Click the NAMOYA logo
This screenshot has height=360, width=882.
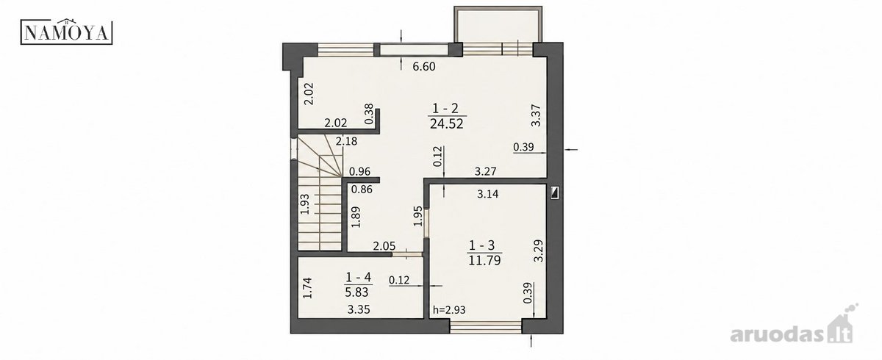pyautogui.click(x=67, y=31)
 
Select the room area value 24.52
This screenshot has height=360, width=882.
pyautogui.click(x=447, y=124)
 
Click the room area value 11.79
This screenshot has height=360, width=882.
pyautogui.click(x=484, y=260)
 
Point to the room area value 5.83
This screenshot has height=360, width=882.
pyautogui.click(x=356, y=292)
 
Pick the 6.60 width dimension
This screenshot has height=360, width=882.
pyautogui.click(x=424, y=67)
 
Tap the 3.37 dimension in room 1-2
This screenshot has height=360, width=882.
pyautogui.click(x=536, y=115)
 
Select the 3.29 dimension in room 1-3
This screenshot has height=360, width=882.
pyautogui.click(x=538, y=251)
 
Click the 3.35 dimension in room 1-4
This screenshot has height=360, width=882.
pyautogui.click(x=359, y=309)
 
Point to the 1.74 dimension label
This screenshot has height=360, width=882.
pyautogui.click(x=307, y=288)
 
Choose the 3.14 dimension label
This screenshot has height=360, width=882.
pyautogui.click(x=488, y=194)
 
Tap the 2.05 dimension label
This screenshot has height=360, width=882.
pyautogui.click(x=384, y=246)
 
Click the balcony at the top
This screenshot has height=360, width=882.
pyautogui.click(x=498, y=24)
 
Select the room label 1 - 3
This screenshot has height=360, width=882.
pyautogui.click(x=481, y=245)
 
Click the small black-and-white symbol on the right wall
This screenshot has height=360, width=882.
pyautogui.click(x=555, y=193)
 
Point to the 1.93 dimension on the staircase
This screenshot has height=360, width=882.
pyautogui.click(x=305, y=204)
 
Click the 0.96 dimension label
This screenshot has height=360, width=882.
pyautogui.click(x=359, y=171)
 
